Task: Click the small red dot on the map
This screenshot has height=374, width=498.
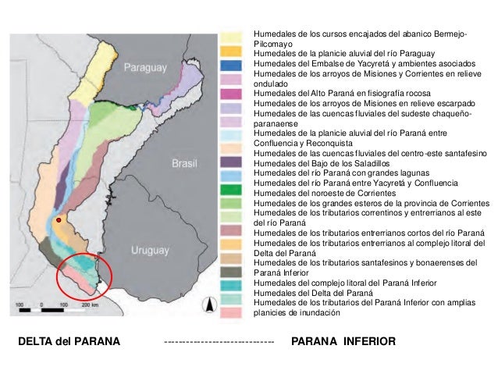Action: point(58,222)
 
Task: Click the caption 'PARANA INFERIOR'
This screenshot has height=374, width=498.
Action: point(343,342)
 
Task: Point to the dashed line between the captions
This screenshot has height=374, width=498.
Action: point(219,343)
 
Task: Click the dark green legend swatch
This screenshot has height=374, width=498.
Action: point(231,191)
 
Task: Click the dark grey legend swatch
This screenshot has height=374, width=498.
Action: point(231,272)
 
